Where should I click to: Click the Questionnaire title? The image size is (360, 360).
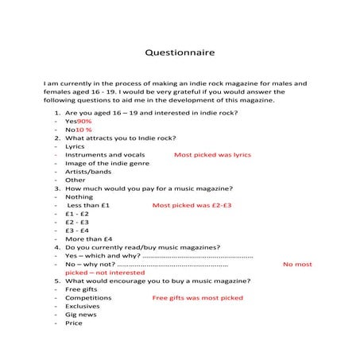(x=180, y=53)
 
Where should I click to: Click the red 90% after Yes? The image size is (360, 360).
(x=84, y=120)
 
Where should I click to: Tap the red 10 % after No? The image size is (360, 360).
(x=83, y=129)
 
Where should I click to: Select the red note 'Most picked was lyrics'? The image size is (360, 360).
(x=212, y=154)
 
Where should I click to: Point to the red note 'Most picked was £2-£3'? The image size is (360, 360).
(x=192, y=205)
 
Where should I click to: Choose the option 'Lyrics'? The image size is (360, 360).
(x=75, y=145)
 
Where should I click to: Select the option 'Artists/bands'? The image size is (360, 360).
(x=88, y=171)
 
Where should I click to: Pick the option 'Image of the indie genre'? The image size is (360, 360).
(x=101, y=163)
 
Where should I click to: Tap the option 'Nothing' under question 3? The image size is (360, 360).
(x=79, y=196)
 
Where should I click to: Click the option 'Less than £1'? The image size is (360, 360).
(x=88, y=205)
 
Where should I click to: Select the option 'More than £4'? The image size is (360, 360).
(x=88, y=238)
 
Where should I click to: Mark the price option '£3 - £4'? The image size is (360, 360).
(x=77, y=230)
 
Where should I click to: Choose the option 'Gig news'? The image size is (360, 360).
(x=80, y=314)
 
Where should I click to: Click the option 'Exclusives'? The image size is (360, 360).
(x=82, y=305)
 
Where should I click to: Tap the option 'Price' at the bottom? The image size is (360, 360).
(x=73, y=323)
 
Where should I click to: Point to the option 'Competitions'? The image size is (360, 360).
(x=88, y=297)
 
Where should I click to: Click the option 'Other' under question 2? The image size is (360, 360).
(x=75, y=180)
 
